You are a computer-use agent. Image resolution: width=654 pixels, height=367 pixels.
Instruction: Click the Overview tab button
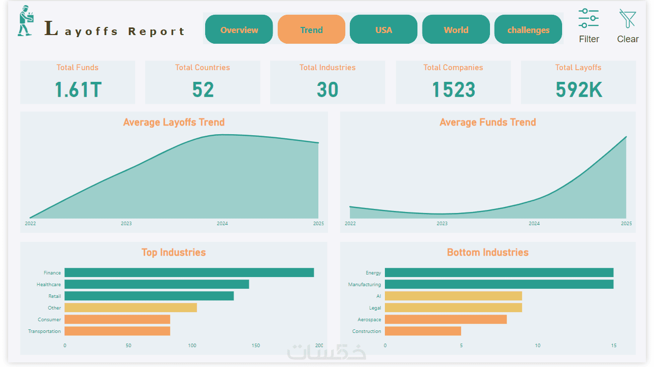(239, 29)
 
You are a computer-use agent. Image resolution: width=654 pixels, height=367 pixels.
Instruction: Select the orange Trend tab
(311, 29)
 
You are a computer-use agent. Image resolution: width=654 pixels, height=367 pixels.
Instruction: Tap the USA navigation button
(383, 29)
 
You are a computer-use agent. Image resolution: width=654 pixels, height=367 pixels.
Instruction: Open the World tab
(456, 29)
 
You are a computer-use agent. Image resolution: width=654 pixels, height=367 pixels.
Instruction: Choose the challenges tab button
(528, 29)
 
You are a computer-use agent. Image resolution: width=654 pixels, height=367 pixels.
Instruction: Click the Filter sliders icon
(588, 19)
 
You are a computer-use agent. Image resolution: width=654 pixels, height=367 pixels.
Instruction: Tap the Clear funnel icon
(628, 19)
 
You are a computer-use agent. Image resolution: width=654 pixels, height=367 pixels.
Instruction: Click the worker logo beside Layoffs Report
(25, 21)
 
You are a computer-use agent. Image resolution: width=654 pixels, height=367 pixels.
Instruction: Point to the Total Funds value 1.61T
(78, 89)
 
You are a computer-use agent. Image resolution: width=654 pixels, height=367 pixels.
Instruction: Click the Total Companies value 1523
(453, 89)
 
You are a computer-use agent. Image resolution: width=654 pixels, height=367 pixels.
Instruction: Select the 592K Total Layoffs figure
(578, 89)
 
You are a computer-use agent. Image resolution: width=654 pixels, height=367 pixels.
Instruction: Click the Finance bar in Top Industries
(189, 272)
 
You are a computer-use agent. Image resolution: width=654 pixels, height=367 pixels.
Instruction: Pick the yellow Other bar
(130, 308)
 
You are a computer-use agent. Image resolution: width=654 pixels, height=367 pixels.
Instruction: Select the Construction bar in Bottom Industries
(422, 331)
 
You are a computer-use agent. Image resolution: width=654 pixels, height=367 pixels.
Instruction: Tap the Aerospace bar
(445, 319)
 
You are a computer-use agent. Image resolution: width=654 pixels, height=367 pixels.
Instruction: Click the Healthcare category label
(49, 285)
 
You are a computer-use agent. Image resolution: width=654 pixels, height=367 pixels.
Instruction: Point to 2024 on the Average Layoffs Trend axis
(222, 224)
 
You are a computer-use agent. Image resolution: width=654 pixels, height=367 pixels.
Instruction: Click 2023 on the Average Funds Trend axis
(442, 224)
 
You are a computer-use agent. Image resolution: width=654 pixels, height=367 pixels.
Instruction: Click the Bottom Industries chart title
(487, 252)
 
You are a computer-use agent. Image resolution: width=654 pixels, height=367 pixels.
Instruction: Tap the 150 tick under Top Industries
(256, 346)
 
